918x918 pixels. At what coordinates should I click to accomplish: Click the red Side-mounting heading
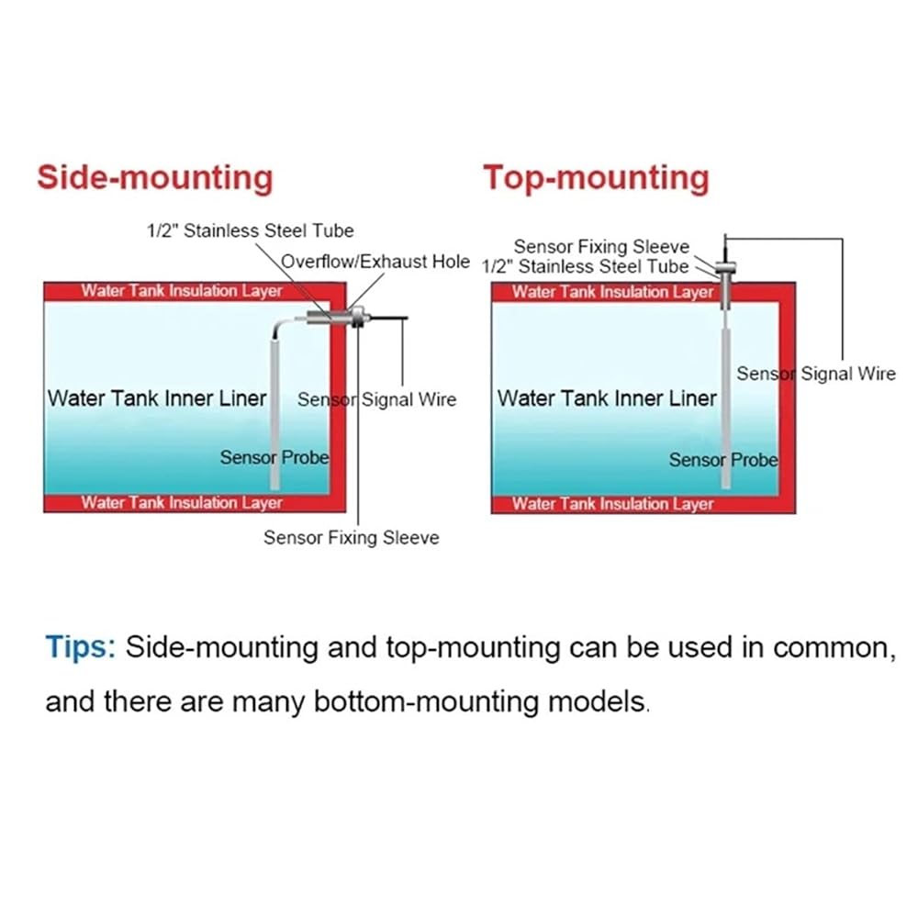tap(155, 177)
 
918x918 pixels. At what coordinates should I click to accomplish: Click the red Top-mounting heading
tap(596, 178)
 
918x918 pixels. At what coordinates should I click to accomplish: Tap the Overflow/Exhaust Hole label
tap(375, 261)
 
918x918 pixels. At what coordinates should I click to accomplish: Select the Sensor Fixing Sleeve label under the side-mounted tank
tap(352, 537)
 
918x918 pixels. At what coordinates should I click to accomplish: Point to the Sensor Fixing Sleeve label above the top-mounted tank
tap(601, 246)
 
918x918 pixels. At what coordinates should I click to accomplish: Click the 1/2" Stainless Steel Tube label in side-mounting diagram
tap(250, 230)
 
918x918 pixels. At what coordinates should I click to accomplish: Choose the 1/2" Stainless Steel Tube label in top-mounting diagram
tap(585, 266)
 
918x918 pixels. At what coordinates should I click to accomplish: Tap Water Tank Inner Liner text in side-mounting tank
tap(157, 398)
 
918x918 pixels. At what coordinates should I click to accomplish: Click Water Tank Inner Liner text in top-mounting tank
tap(607, 398)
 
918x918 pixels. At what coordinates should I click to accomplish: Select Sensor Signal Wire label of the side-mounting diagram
tap(377, 399)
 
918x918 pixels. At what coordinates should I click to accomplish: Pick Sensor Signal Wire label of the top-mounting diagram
tap(816, 374)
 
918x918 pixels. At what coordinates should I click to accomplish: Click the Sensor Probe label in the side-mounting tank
tap(274, 457)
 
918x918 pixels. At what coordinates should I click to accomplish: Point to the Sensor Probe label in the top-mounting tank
tap(723, 460)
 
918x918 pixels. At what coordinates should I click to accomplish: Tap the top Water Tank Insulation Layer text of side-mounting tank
tap(182, 291)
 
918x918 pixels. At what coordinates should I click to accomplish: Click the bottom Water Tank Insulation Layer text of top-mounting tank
tap(612, 504)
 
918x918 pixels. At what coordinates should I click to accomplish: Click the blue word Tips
tap(81, 648)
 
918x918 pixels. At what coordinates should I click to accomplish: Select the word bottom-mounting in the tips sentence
tap(426, 701)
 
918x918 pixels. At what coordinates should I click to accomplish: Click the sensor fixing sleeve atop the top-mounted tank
tap(725, 269)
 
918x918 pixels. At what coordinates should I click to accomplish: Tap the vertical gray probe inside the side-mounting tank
tap(274, 413)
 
